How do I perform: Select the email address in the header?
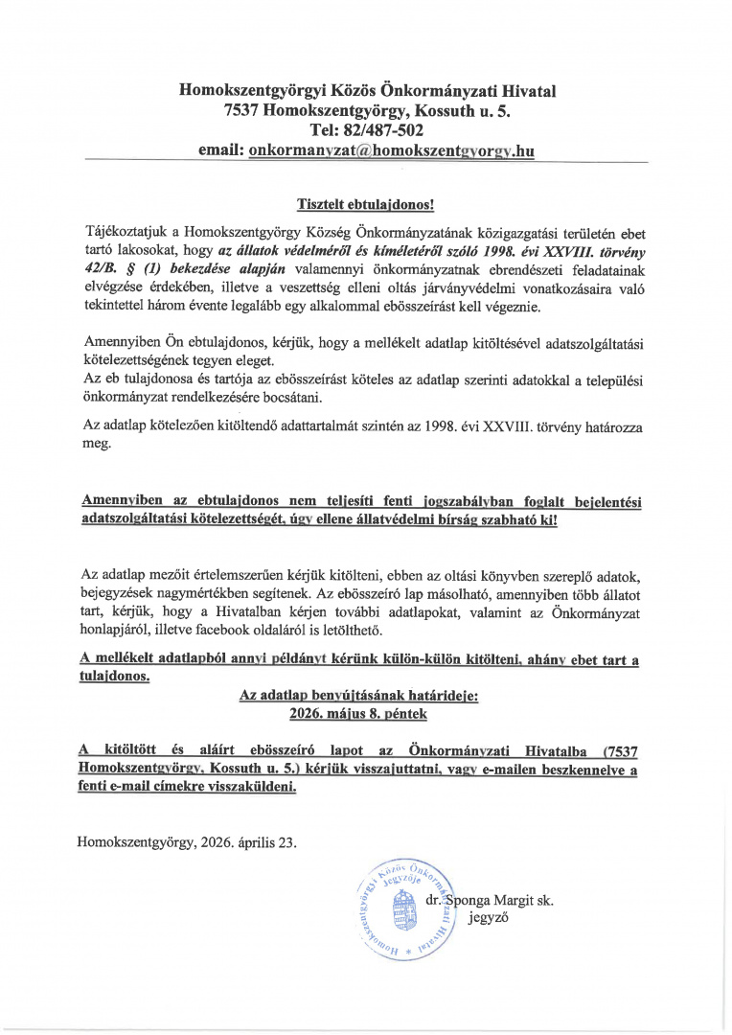390,150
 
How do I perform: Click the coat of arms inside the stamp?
401,907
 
